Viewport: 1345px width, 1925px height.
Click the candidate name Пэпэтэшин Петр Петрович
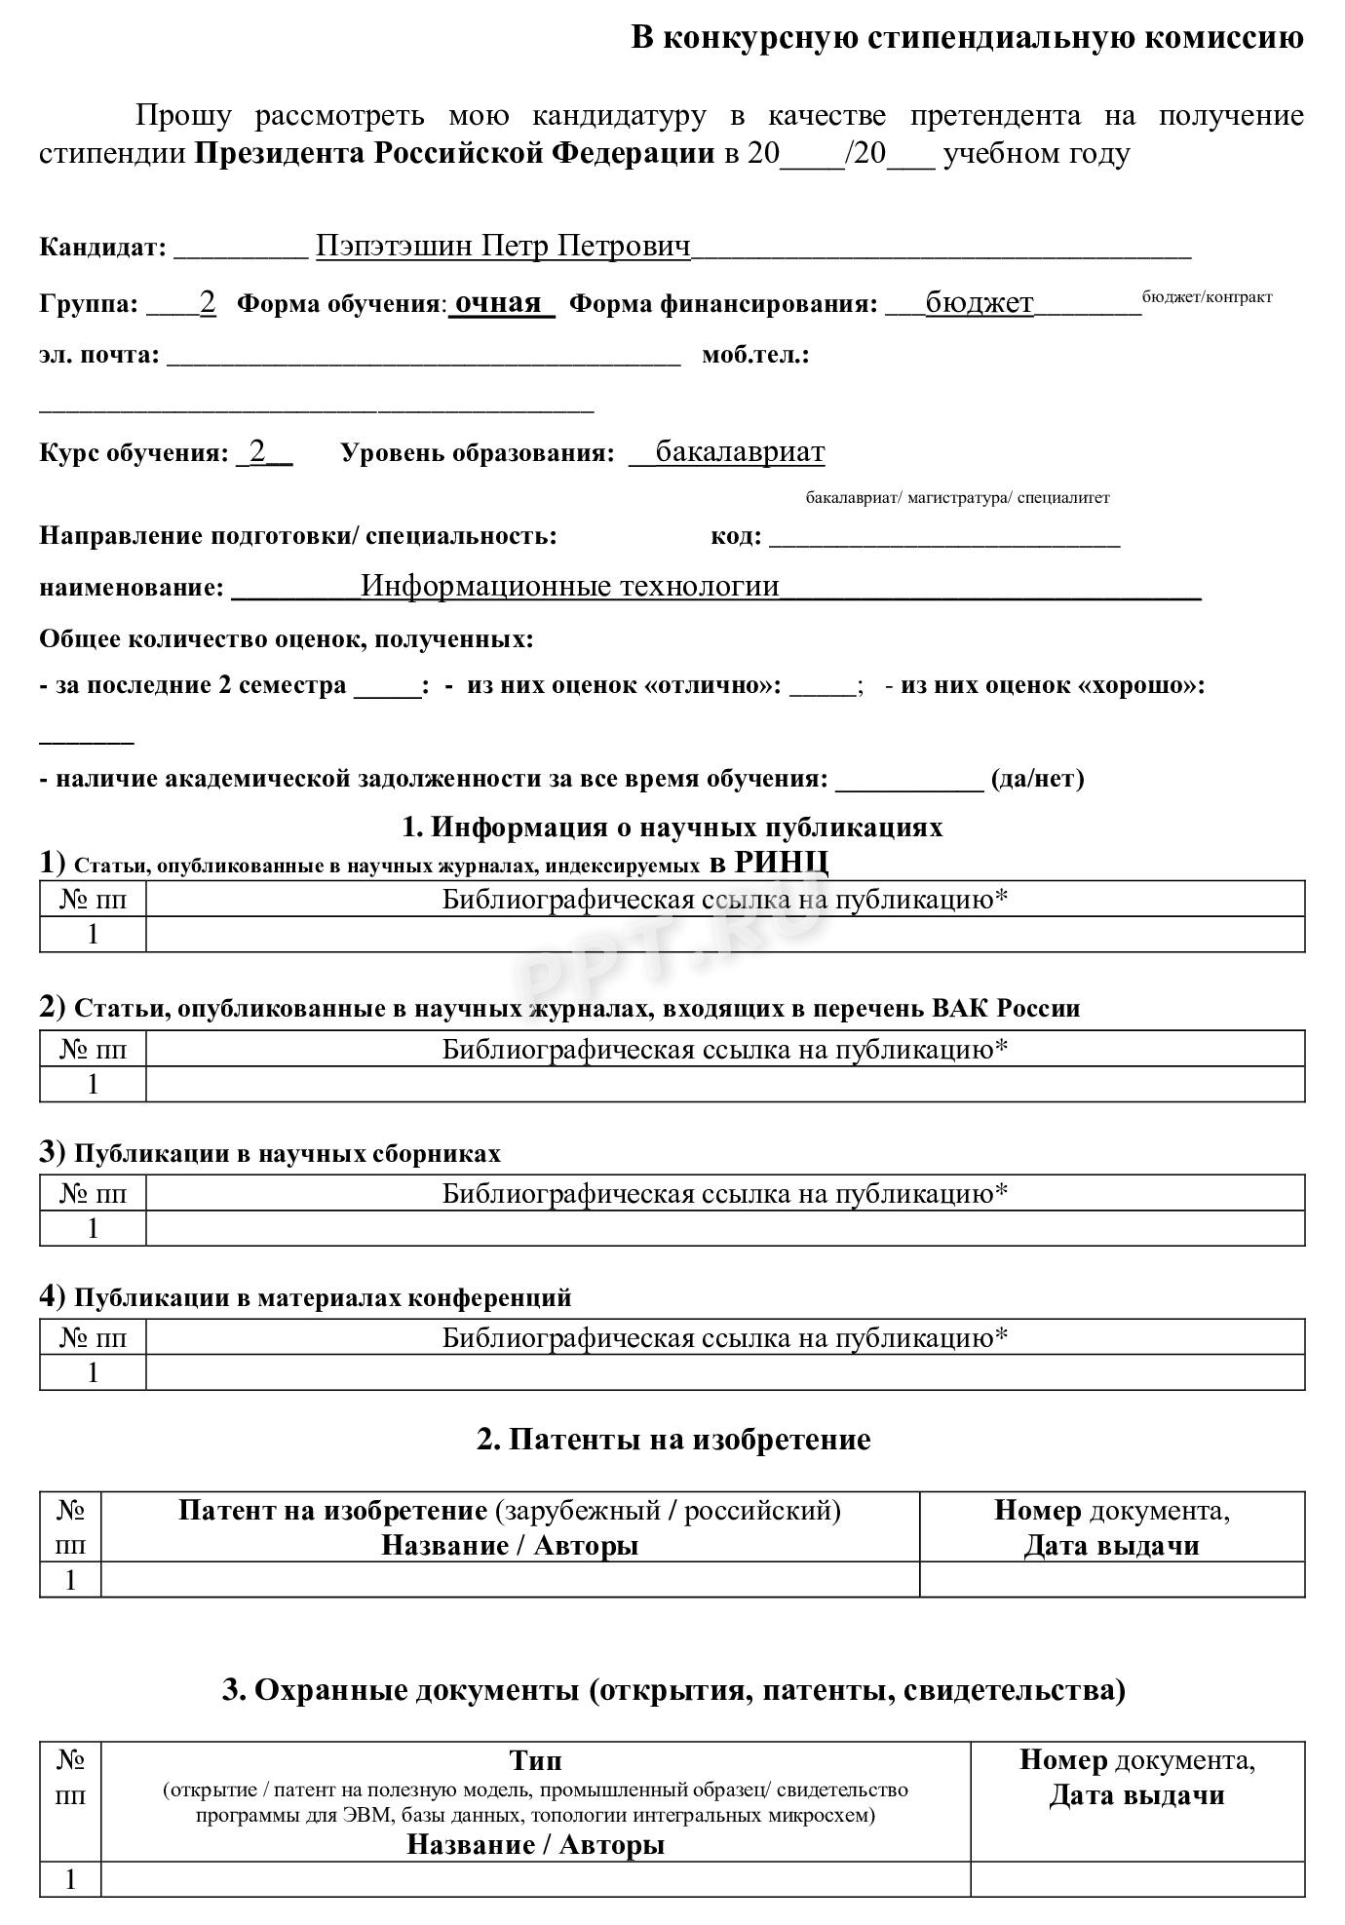tap(503, 246)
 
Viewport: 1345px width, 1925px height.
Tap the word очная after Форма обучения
tap(498, 302)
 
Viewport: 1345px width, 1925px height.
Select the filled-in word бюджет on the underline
tap(979, 303)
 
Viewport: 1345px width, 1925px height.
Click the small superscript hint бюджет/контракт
tap(1207, 296)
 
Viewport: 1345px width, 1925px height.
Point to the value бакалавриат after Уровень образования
tap(740, 452)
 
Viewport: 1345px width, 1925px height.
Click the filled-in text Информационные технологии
tap(570, 586)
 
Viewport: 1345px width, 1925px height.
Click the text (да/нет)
tap(1037, 779)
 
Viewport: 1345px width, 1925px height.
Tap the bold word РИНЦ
tap(781, 863)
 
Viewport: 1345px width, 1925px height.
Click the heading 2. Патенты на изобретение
tap(672, 1440)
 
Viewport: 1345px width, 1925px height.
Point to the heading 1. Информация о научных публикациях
tap(672, 828)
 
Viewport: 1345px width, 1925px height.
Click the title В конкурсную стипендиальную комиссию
tap(967, 38)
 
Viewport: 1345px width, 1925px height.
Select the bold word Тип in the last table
tap(535, 1760)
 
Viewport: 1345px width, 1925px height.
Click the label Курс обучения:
tap(134, 453)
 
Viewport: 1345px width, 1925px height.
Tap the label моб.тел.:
tap(755, 355)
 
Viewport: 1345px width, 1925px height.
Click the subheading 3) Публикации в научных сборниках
tap(270, 1153)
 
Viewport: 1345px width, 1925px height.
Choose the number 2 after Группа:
tap(208, 302)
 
